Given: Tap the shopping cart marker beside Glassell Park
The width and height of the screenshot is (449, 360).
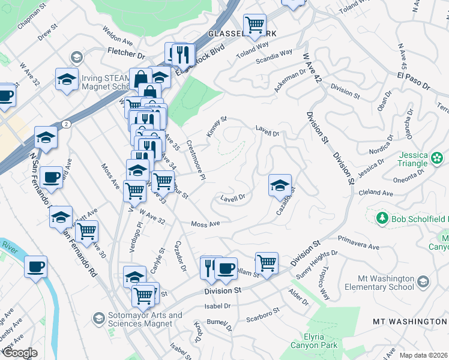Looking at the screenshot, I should tap(255, 25).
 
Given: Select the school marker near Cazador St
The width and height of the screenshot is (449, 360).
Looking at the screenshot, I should tap(280, 186).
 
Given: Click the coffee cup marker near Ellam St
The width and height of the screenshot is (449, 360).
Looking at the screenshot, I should tap(226, 268).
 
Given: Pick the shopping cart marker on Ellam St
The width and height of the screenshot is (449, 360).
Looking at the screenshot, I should tap(266, 263).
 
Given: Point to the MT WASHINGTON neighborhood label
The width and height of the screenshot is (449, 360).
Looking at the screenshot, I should tap(410, 322).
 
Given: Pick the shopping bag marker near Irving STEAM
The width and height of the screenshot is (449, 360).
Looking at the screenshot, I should tap(140, 79).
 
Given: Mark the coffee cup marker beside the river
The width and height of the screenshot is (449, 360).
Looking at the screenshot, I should tap(35, 266).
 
